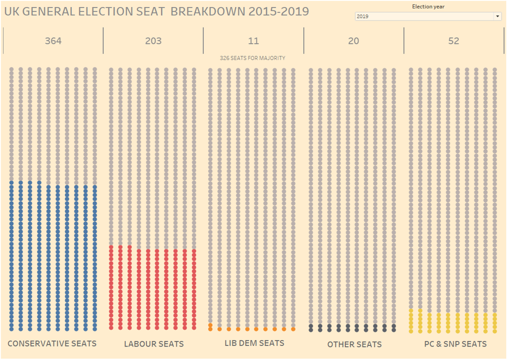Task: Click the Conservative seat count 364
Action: point(53,41)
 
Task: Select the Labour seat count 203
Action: point(153,41)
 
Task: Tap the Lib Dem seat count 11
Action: point(253,41)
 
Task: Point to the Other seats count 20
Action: point(353,41)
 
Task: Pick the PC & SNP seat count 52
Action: point(454,41)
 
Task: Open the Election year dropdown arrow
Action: point(497,17)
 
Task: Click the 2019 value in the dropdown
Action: point(363,17)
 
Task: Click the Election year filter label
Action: point(428,7)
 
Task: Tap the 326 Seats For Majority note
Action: point(252,58)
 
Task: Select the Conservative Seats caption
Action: point(52,343)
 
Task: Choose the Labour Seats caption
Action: point(154,344)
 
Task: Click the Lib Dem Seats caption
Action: point(254,343)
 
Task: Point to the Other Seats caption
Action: point(355,344)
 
